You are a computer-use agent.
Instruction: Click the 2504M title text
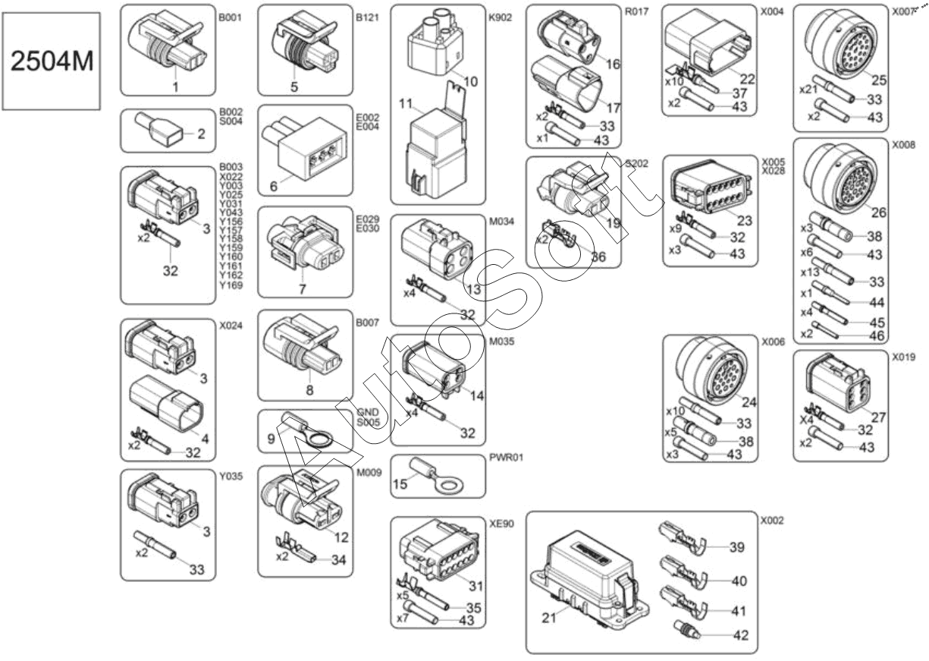52,61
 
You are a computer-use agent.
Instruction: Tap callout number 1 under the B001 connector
175,87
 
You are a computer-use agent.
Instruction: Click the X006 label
773,342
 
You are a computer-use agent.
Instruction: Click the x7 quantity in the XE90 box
402,619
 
